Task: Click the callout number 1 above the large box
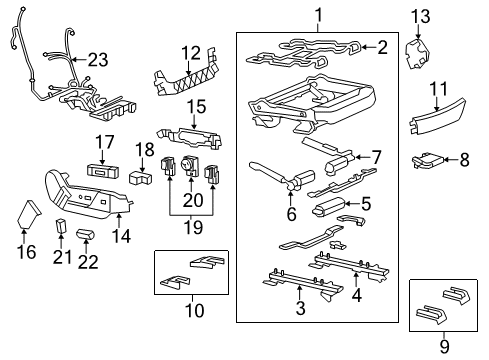[x=317, y=14]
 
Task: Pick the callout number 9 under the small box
[x=446, y=349]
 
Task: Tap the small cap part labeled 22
[x=85, y=234]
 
